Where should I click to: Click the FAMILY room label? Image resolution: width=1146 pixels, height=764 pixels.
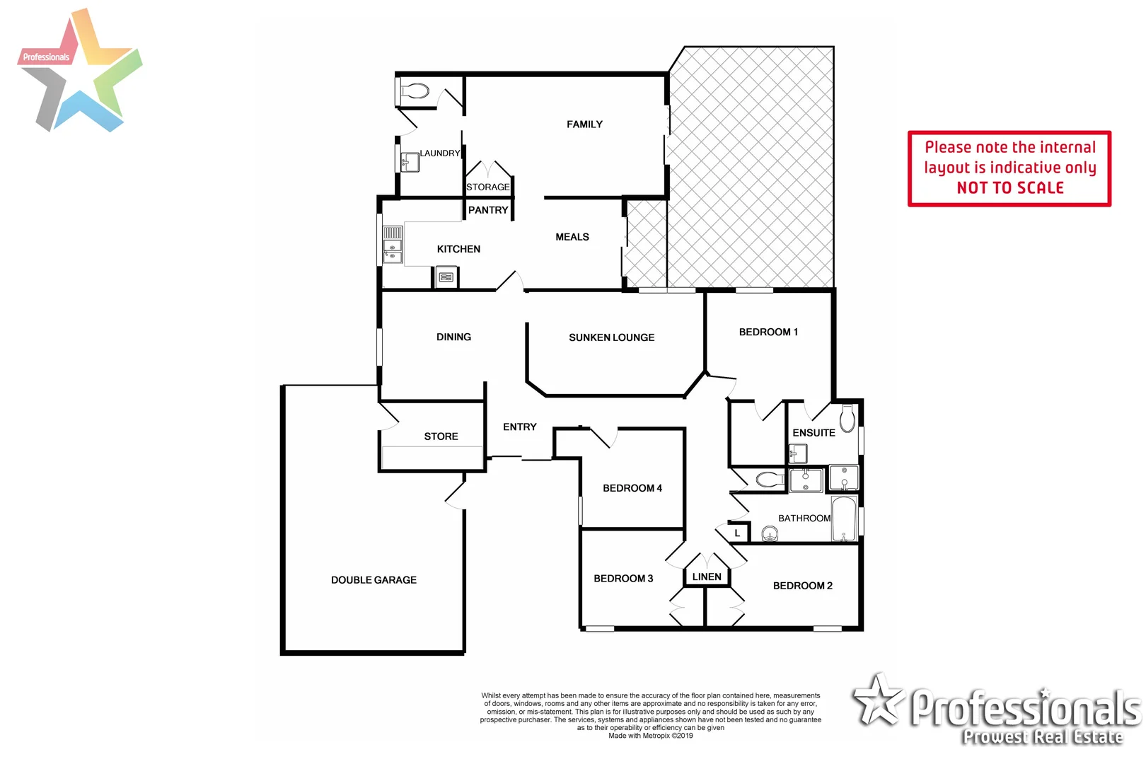[584, 125]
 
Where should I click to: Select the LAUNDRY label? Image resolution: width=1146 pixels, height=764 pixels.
[439, 153]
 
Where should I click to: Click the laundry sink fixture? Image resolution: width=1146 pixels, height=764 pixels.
[410, 162]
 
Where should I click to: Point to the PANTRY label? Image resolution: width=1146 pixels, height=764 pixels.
[488, 210]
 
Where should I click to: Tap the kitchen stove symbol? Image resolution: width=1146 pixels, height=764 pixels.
[446, 277]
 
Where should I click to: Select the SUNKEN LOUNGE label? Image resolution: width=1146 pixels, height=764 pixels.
[611, 337]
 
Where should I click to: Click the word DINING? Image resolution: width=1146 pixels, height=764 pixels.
[453, 337]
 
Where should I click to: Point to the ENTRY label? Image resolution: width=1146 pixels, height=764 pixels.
[519, 427]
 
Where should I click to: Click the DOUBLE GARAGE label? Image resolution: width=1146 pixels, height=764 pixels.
[374, 580]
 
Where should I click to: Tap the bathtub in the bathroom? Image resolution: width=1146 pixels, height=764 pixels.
[844, 519]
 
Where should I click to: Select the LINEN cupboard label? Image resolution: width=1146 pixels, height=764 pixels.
[707, 577]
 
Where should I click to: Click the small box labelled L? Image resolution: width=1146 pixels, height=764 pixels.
[737, 533]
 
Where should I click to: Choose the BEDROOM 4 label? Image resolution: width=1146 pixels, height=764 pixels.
[632, 488]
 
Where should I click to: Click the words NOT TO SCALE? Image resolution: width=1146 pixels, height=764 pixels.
[1009, 188]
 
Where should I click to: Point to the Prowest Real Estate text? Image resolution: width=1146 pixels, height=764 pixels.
[1042, 737]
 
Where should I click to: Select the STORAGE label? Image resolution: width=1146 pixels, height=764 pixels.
[487, 187]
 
